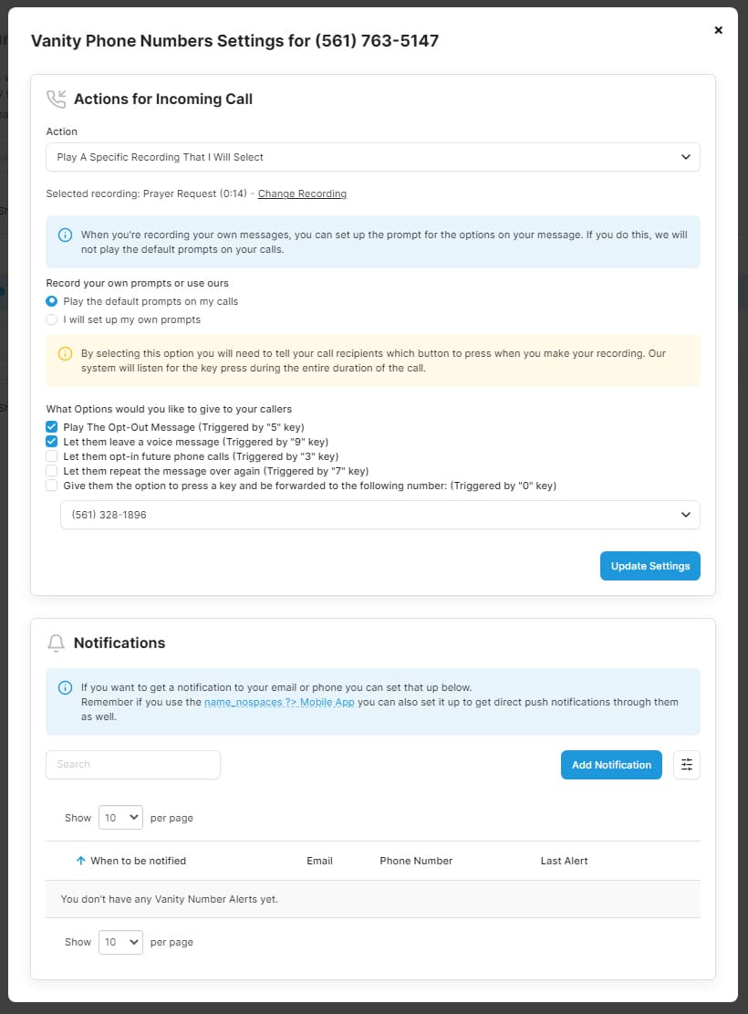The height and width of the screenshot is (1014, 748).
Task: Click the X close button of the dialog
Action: pyautogui.click(x=718, y=30)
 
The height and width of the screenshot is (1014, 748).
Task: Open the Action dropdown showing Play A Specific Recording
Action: pyautogui.click(x=372, y=157)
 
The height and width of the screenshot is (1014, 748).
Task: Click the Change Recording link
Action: pyautogui.click(x=302, y=193)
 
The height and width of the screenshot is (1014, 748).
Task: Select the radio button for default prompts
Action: pyautogui.click(x=52, y=301)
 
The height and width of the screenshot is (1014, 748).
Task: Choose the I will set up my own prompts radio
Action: pyautogui.click(x=52, y=319)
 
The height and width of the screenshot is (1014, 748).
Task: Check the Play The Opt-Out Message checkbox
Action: pyautogui.click(x=52, y=427)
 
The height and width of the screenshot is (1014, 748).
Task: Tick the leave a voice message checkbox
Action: pyautogui.click(x=52, y=442)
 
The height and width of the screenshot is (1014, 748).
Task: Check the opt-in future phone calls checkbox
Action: pyautogui.click(x=52, y=456)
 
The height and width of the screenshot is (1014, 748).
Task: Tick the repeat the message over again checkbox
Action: pyautogui.click(x=52, y=471)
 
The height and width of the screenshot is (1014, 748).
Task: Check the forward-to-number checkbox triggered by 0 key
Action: pyautogui.click(x=52, y=486)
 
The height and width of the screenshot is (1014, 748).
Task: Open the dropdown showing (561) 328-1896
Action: pyautogui.click(x=379, y=515)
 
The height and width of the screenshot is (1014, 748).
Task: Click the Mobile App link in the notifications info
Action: pyautogui.click(x=280, y=702)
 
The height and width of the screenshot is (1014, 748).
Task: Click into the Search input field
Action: pyautogui.click(x=133, y=765)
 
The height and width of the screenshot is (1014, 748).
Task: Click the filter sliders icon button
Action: pyautogui.click(x=686, y=765)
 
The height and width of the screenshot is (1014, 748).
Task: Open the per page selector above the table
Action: pyautogui.click(x=120, y=818)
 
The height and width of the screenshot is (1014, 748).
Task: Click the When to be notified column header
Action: pyautogui.click(x=138, y=861)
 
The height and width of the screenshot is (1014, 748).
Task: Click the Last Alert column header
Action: pyautogui.click(x=564, y=861)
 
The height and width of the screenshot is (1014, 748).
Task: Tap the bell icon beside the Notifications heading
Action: pyautogui.click(x=56, y=643)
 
